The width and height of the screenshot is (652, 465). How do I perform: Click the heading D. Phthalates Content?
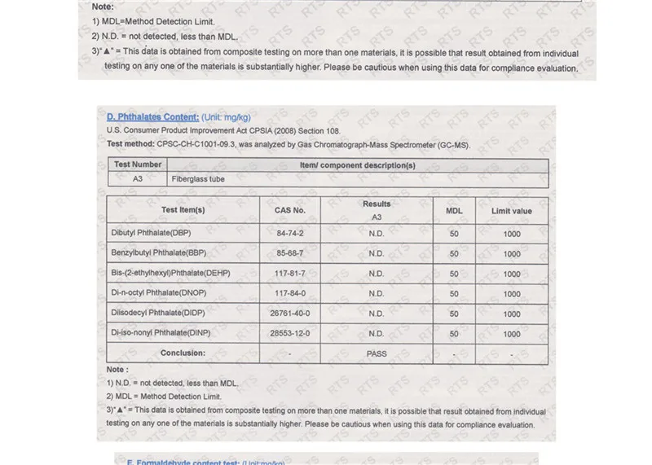(x=152, y=117)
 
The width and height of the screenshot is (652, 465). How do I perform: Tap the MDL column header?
(x=454, y=210)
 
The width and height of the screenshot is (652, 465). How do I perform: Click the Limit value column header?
(x=511, y=210)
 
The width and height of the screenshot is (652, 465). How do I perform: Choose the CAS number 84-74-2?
(x=290, y=233)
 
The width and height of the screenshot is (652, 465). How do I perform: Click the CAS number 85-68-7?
(x=290, y=253)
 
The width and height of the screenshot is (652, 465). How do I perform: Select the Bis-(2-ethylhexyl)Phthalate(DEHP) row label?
(x=170, y=273)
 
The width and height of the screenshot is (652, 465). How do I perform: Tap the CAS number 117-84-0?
(x=290, y=293)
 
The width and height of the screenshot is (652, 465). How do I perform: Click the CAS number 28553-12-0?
(x=290, y=333)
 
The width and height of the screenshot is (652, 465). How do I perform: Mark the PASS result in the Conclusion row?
(x=376, y=353)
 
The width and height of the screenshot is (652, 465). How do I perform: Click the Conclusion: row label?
(x=183, y=353)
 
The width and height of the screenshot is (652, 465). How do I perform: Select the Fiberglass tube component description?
(x=197, y=178)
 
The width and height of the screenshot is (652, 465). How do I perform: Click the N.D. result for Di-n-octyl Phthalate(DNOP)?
(x=376, y=293)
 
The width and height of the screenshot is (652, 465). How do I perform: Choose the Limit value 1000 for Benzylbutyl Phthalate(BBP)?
(x=511, y=253)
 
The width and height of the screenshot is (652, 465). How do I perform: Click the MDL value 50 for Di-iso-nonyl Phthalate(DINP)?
(x=454, y=333)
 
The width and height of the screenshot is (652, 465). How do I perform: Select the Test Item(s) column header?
(x=183, y=210)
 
